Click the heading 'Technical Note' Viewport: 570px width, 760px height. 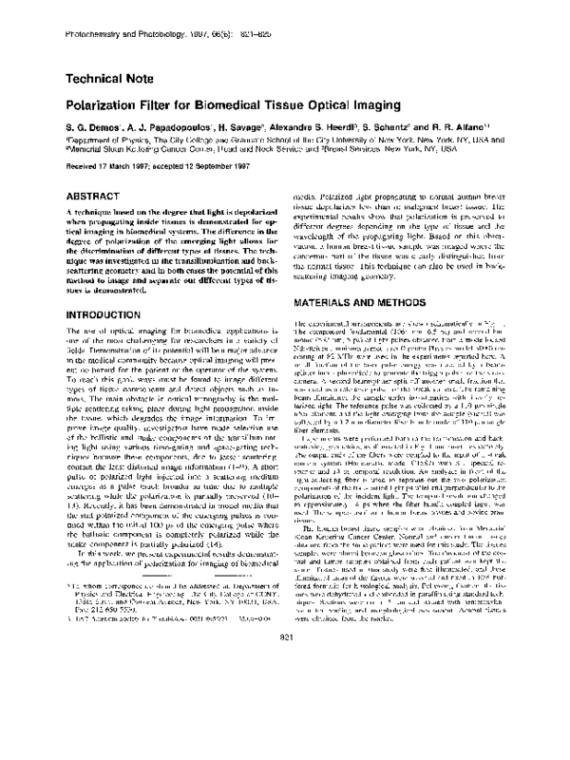(x=110, y=81)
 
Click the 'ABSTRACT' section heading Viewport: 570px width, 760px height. (x=90, y=189)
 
